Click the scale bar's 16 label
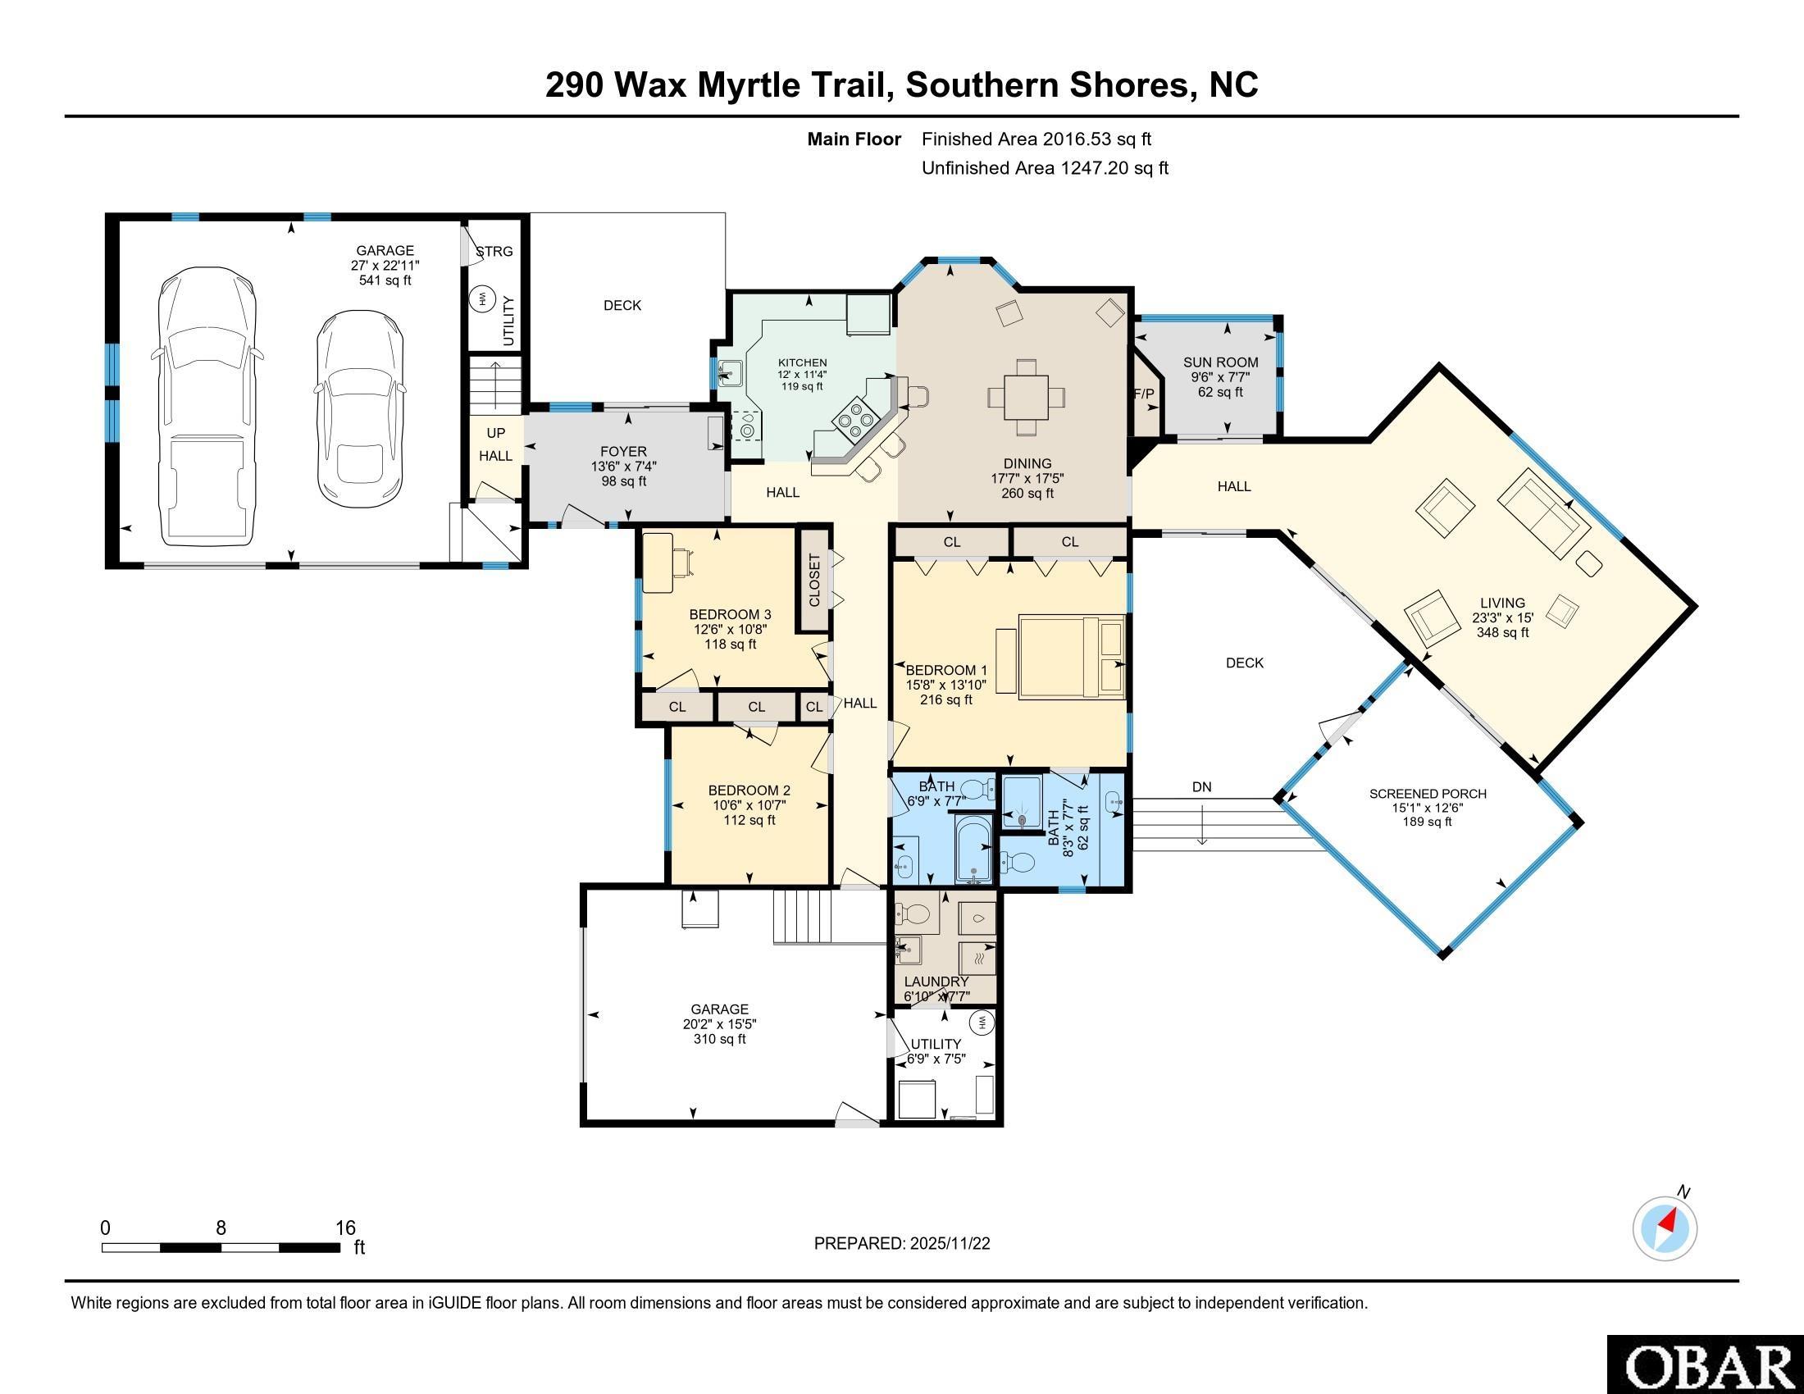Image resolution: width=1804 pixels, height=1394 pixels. click(345, 1228)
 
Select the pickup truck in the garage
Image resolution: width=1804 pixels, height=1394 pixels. click(206, 406)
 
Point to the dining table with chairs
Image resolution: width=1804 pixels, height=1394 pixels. click(1026, 397)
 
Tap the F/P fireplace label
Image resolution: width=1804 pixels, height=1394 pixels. click(1144, 394)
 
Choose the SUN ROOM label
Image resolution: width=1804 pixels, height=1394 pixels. click(1221, 362)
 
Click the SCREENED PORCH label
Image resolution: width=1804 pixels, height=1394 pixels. click(1428, 794)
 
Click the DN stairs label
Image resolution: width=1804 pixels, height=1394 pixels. click(1202, 787)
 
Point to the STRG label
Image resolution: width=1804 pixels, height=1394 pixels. click(494, 251)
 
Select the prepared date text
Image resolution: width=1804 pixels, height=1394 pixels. click(902, 1244)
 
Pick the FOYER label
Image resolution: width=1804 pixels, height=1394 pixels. click(624, 452)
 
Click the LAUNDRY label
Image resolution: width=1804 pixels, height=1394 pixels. click(936, 981)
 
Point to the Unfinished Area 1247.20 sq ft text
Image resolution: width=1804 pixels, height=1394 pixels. click(1045, 167)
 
